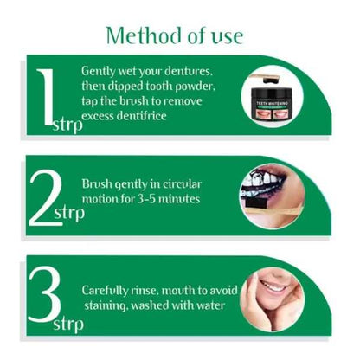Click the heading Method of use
click(174, 35)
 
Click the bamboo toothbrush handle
click(265, 215)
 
